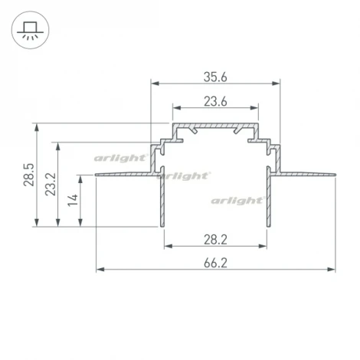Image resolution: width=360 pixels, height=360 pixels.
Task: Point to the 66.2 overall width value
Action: (x=215, y=262)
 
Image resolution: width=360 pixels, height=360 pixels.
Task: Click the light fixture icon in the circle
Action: (x=30, y=30)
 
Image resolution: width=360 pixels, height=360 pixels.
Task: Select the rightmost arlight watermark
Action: (x=240, y=200)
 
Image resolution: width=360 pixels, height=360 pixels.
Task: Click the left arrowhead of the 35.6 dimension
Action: (x=152, y=82)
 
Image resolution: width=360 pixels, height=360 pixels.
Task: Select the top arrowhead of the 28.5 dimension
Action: (x=37, y=125)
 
